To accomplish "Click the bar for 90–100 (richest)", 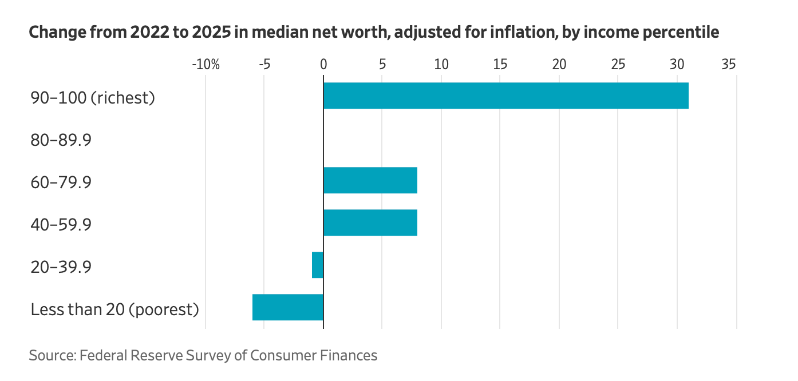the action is (506, 96).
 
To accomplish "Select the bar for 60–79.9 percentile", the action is (370, 180).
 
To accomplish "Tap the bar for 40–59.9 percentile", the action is (370, 223).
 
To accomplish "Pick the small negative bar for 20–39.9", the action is (318, 265).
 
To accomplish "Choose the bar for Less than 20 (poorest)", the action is (288, 307).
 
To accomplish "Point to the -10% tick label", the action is (206, 65).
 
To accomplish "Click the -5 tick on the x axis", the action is (264, 65).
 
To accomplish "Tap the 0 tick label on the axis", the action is (323, 65).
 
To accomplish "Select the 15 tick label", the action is (500, 65).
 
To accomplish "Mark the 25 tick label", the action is (618, 65).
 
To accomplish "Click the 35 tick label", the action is (729, 65).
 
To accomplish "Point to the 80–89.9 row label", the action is (61, 140).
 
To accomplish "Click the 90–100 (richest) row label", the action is (93, 98).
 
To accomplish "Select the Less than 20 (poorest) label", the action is (114, 309).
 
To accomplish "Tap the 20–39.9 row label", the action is (61, 267).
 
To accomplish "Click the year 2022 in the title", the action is (149, 32).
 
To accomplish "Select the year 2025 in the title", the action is (211, 32).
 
